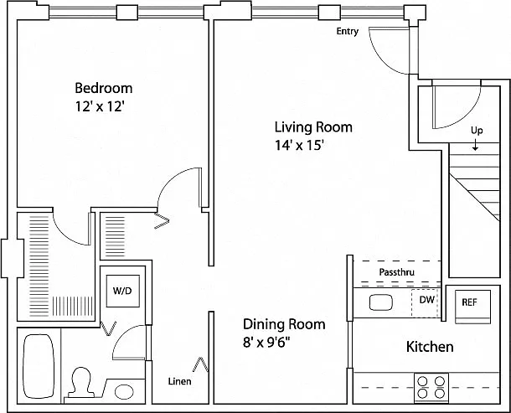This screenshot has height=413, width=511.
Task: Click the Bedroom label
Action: pyautogui.click(x=104, y=88)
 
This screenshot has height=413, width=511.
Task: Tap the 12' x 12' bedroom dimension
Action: pyautogui.click(x=100, y=106)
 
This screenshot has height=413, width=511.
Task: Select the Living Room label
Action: pyautogui.click(x=313, y=126)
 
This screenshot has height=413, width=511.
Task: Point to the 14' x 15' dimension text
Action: pyautogui.click(x=299, y=145)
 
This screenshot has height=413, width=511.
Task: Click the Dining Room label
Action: pyautogui.click(x=284, y=324)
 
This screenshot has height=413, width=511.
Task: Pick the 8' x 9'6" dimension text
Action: pyautogui.click(x=266, y=343)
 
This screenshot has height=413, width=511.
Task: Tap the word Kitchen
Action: pyautogui.click(x=430, y=347)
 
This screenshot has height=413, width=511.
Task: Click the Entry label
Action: pyautogui.click(x=348, y=31)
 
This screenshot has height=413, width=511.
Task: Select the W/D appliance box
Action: pyautogui.click(x=123, y=291)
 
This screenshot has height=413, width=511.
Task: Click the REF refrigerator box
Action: pyautogui.click(x=472, y=307)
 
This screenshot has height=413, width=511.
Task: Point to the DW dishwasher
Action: pyautogui.click(x=425, y=303)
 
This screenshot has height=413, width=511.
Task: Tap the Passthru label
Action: pyautogui.click(x=396, y=272)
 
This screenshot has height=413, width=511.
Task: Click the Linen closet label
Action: pyautogui.click(x=179, y=381)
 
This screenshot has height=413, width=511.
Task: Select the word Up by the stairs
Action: pyautogui.click(x=477, y=131)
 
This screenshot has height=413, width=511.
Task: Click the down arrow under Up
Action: pyautogui.click(x=476, y=145)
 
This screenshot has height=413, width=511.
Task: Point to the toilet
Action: pyautogui.click(x=80, y=382)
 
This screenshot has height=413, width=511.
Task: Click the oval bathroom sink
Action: pyautogui.click(x=124, y=391)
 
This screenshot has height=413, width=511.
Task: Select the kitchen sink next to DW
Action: pyautogui.click(x=380, y=302)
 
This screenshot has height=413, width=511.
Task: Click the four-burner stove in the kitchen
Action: pyautogui.click(x=431, y=387)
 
